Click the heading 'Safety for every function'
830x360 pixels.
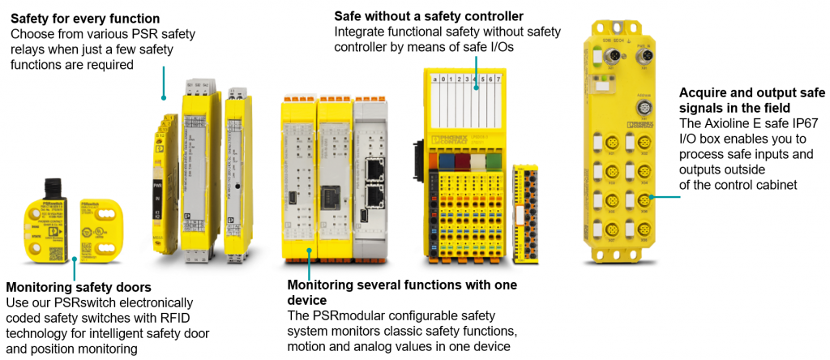tap(85, 18)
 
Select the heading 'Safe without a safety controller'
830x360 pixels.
tap(429, 16)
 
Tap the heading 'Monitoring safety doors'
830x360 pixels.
tap(78, 286)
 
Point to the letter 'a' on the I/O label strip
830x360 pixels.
tap(434, 79)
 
